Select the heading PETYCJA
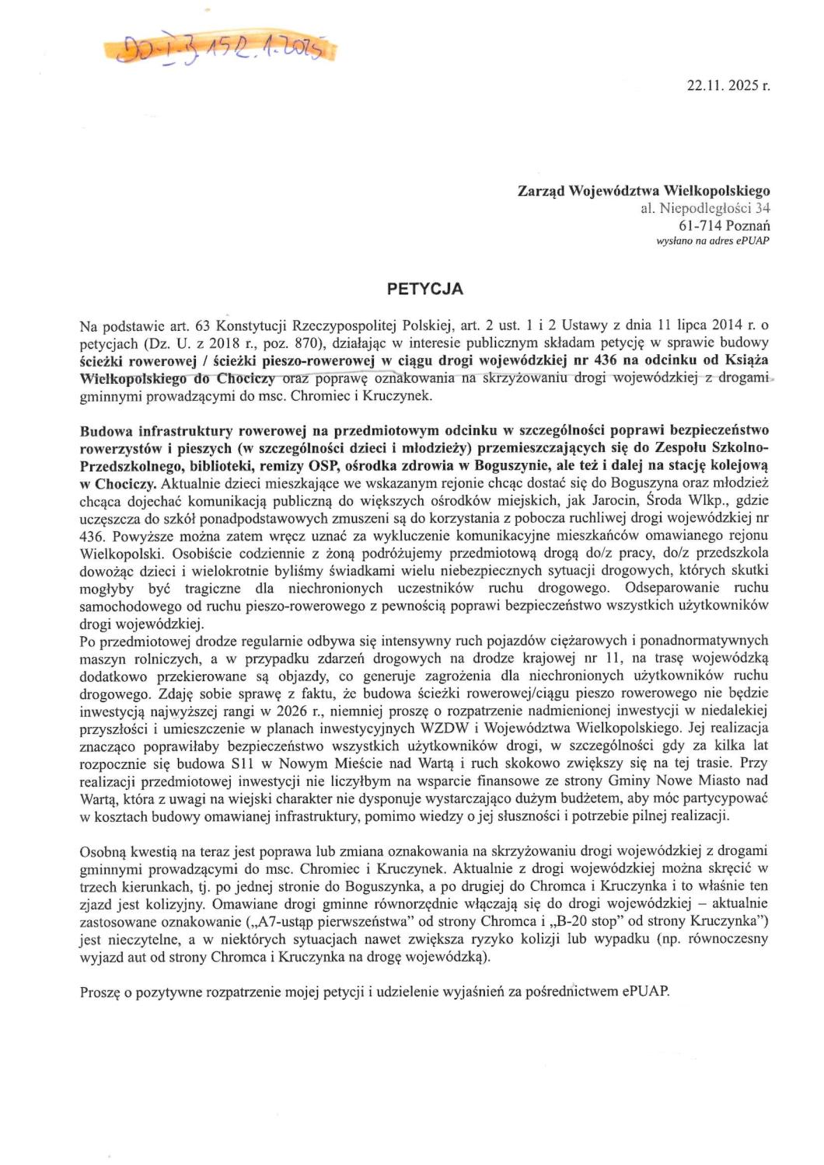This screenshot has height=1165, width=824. point(424,289)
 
